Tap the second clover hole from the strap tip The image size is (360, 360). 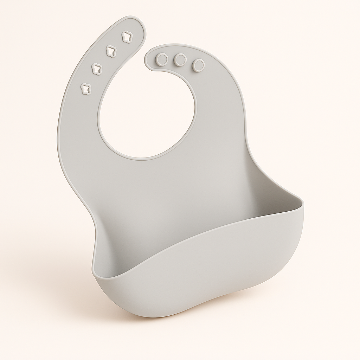[x=111, y=51]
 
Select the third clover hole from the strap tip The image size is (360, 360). [x=97, y=69]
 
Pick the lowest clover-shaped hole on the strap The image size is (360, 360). [x=86, y=88]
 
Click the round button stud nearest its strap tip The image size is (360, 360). [x=162, y=59]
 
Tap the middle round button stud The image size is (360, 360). [x=180, y=60]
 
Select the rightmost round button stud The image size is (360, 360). [x=199, y=65]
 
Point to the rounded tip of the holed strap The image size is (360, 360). [x=137, y=23]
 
